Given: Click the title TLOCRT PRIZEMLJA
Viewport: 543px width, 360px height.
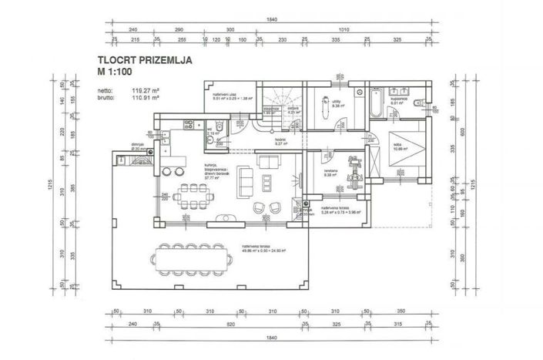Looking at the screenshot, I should tap(144, 59).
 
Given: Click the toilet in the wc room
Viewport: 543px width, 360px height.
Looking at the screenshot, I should tap(219, 127).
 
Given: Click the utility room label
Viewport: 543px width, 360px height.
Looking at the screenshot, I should tap(337, 102).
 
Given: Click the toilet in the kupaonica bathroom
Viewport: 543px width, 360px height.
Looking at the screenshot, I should tap(417, 103).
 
